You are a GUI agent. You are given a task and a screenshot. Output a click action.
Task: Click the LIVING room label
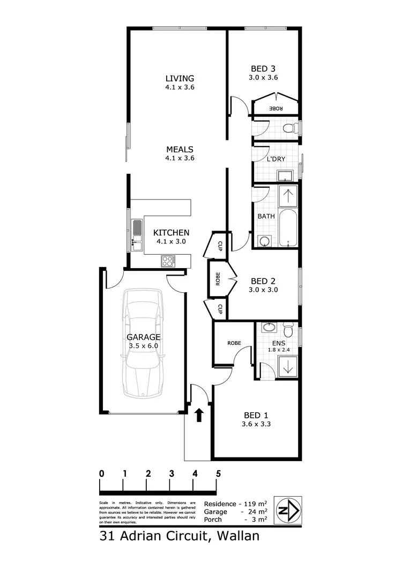tap(180, 78)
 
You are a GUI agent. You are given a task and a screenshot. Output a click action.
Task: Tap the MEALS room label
tap(180, 150)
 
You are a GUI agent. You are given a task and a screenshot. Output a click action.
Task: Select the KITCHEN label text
tap(171, 233)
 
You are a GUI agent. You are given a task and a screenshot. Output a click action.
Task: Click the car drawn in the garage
tap(143, 343)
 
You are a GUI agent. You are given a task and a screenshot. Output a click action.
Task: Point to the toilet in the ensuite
tap(288, 328)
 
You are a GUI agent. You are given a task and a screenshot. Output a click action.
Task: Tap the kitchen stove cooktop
tap(168, 261)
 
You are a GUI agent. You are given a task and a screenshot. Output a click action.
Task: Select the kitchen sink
tap(137, 236)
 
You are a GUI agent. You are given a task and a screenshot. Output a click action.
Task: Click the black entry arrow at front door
tap(199, 415)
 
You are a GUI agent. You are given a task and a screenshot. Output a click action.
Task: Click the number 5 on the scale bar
tap(218, 474)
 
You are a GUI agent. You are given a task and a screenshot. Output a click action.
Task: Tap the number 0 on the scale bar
tap(101, 474)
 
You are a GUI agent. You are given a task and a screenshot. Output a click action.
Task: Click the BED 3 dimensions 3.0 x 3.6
tap(263, 77)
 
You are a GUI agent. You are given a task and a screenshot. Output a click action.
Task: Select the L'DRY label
tap(276, 159)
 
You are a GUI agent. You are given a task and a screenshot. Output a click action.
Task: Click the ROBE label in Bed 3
tap(276, 108)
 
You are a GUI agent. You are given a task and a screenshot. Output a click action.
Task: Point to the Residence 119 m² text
tap(236, 504)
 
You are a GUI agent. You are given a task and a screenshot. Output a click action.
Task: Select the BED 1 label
tap(255, 415)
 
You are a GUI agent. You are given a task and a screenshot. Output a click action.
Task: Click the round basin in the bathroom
tap(264, 241)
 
